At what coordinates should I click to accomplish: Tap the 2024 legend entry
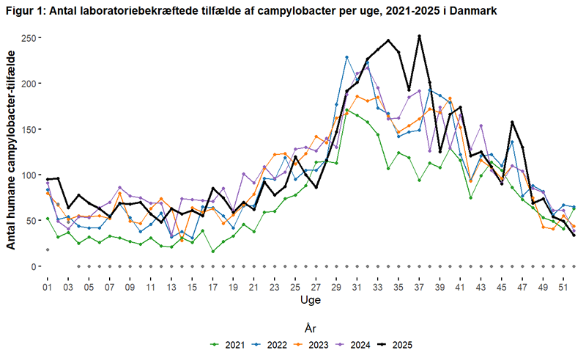[354, 343]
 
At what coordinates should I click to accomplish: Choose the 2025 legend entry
[397, 343]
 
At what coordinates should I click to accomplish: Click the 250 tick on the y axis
[26, 37]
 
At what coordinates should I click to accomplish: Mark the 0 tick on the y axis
[32, 266]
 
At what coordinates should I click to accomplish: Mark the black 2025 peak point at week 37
[419, 36]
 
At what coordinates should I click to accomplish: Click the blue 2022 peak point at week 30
[346, 56]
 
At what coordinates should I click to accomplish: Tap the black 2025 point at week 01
[48, 179]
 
